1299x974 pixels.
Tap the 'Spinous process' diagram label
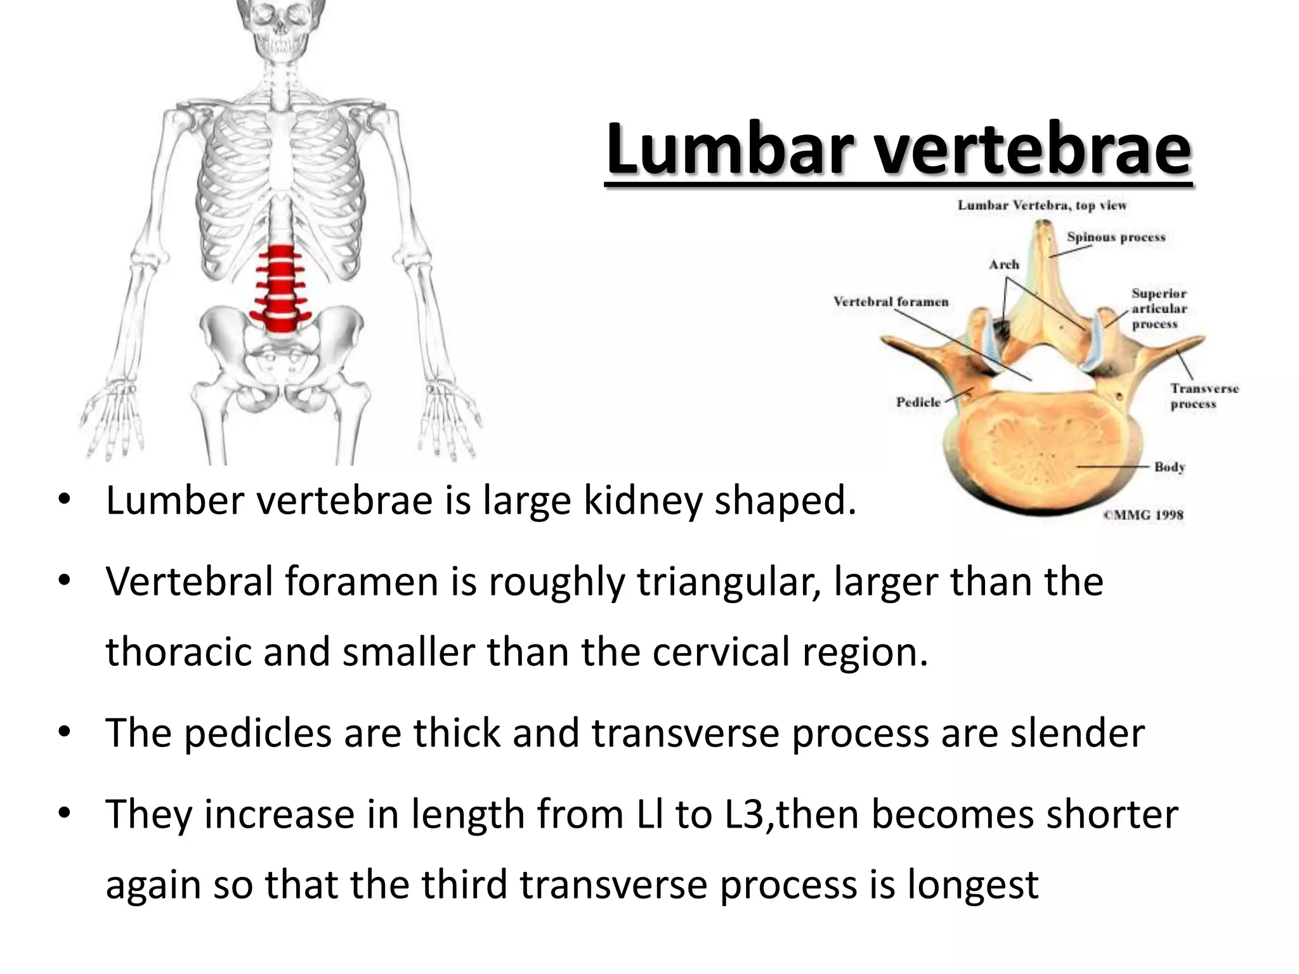1116,237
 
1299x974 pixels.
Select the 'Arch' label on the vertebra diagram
1003,264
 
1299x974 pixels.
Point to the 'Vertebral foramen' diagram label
891,302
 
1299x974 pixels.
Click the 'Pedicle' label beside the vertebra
918,402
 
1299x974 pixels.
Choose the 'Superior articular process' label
1159,309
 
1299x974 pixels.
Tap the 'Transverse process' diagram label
1204,396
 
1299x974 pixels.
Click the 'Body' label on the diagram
1169,467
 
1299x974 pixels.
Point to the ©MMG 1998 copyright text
1143,515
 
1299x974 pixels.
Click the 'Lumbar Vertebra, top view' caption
1041,205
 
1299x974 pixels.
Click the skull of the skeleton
279,25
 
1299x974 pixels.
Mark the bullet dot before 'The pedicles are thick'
64,733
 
